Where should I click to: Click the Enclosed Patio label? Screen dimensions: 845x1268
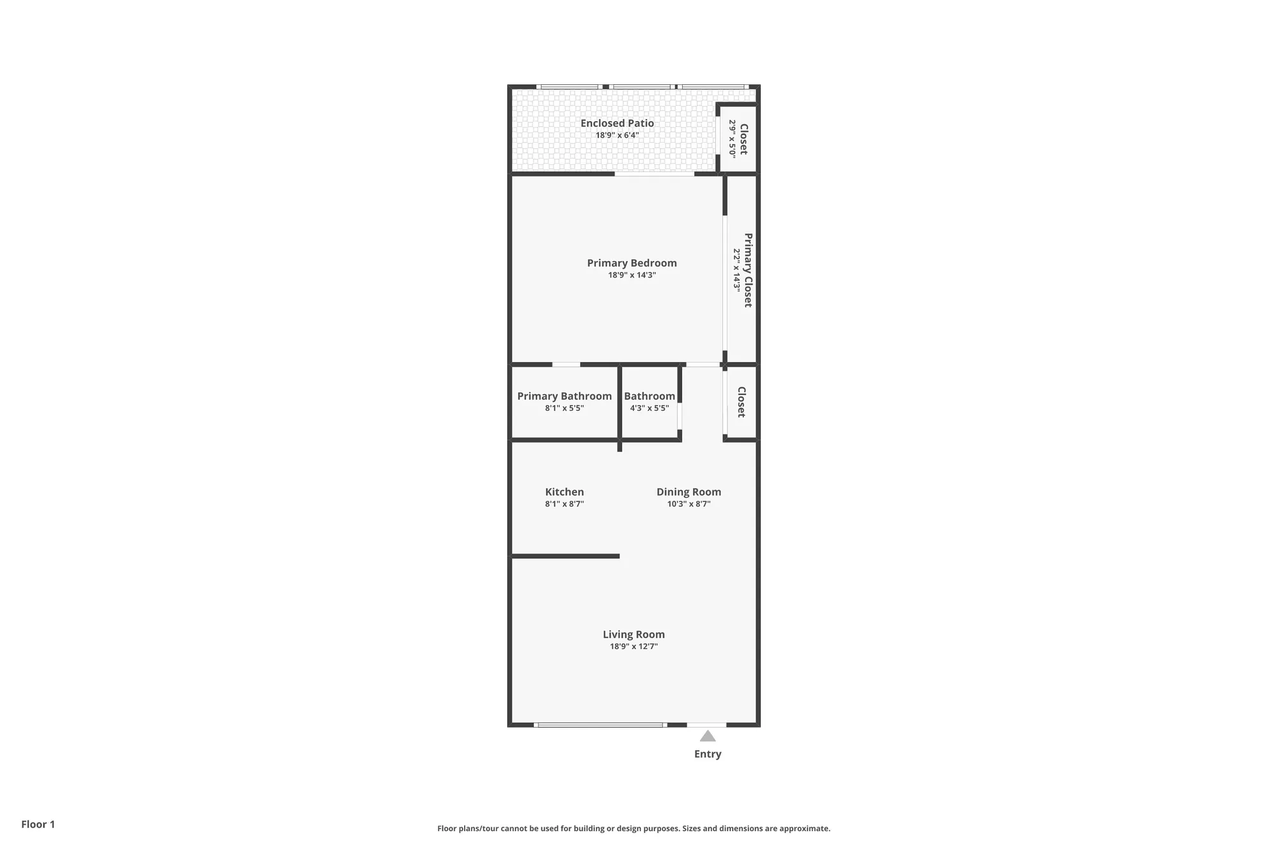point(617,123)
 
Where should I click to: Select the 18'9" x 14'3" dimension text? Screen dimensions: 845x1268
point(632,275)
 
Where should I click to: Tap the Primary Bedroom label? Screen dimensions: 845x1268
point(632,263)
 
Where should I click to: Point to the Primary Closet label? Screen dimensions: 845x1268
point(748,270)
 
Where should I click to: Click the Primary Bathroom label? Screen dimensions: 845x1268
point(564,396)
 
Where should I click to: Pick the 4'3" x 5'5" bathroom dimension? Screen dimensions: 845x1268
point(649,408)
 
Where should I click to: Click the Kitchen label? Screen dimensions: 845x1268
point(564,492)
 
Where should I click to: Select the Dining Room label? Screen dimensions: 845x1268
point(689,492)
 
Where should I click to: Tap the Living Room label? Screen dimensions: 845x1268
point(633,635)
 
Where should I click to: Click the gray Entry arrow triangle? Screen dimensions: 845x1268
point(708,737)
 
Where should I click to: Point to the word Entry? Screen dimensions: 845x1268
point(708,754)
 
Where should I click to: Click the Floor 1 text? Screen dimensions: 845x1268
point(38,824)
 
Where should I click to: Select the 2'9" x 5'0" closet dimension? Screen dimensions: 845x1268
point(732,139)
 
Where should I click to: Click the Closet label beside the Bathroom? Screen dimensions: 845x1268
point(741,402)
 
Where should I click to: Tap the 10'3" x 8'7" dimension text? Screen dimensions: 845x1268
point(689,504)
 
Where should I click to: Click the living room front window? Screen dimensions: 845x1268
point(600,725)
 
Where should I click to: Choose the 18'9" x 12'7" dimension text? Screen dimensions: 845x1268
point(633,647)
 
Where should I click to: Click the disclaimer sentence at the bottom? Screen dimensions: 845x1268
point(633,828)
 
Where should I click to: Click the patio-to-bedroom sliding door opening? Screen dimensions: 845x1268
point(654,174)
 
